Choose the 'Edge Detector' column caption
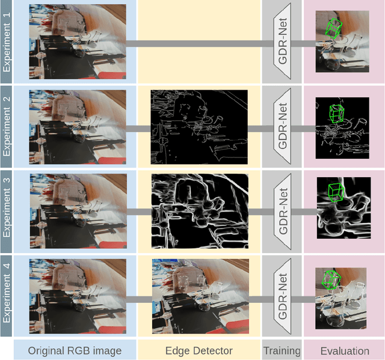pyautogui.click(x=199, y=350)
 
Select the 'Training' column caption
pyautogui.click(x=282, y=350)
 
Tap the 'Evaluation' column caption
pyautogui.click(x=344, y=350)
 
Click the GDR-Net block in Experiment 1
pyautogui.click(x=282, y=43)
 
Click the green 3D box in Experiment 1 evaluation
pyautogui.click(x=333, y=27)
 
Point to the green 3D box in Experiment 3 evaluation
pyautogui.click(x=337, y=191)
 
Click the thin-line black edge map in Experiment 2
pyautogui.click(x=199, y=127)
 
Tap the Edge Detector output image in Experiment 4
pyautogui.click(x=199, y=296)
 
